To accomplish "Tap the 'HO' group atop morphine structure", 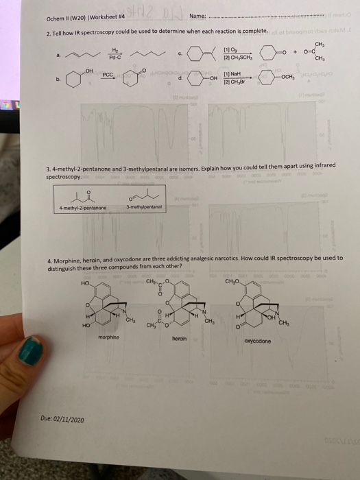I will (84, 282).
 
